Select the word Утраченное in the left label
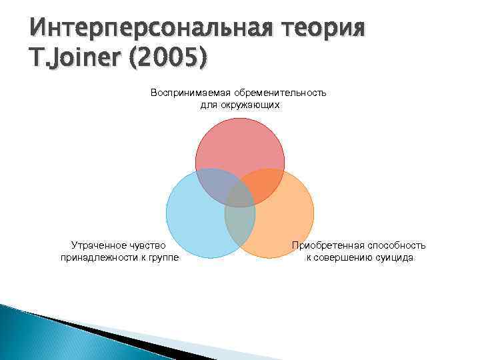(97, 245)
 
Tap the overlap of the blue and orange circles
(240, 223)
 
